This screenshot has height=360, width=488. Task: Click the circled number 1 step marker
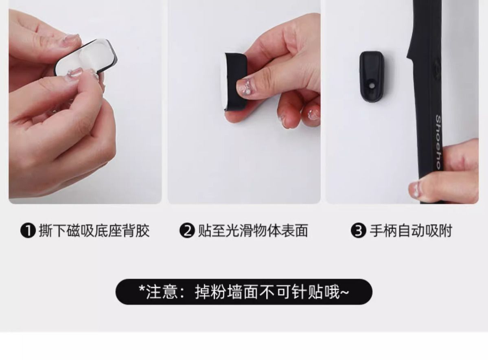28,231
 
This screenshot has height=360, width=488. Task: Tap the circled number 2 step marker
187,231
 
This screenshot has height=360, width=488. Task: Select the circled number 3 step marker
359,231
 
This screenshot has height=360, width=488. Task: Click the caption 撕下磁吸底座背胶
94,231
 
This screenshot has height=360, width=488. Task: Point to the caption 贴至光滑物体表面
253,231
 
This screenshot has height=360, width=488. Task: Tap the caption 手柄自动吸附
411,231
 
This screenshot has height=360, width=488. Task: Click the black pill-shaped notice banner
244,292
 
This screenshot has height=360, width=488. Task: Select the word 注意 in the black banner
162,292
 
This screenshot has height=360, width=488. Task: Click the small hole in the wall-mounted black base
372,86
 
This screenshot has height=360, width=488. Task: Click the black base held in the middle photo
235,81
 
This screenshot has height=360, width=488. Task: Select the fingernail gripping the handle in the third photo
414,190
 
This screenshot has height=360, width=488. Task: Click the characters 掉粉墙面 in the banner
227,292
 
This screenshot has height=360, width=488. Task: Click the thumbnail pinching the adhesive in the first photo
73,73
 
